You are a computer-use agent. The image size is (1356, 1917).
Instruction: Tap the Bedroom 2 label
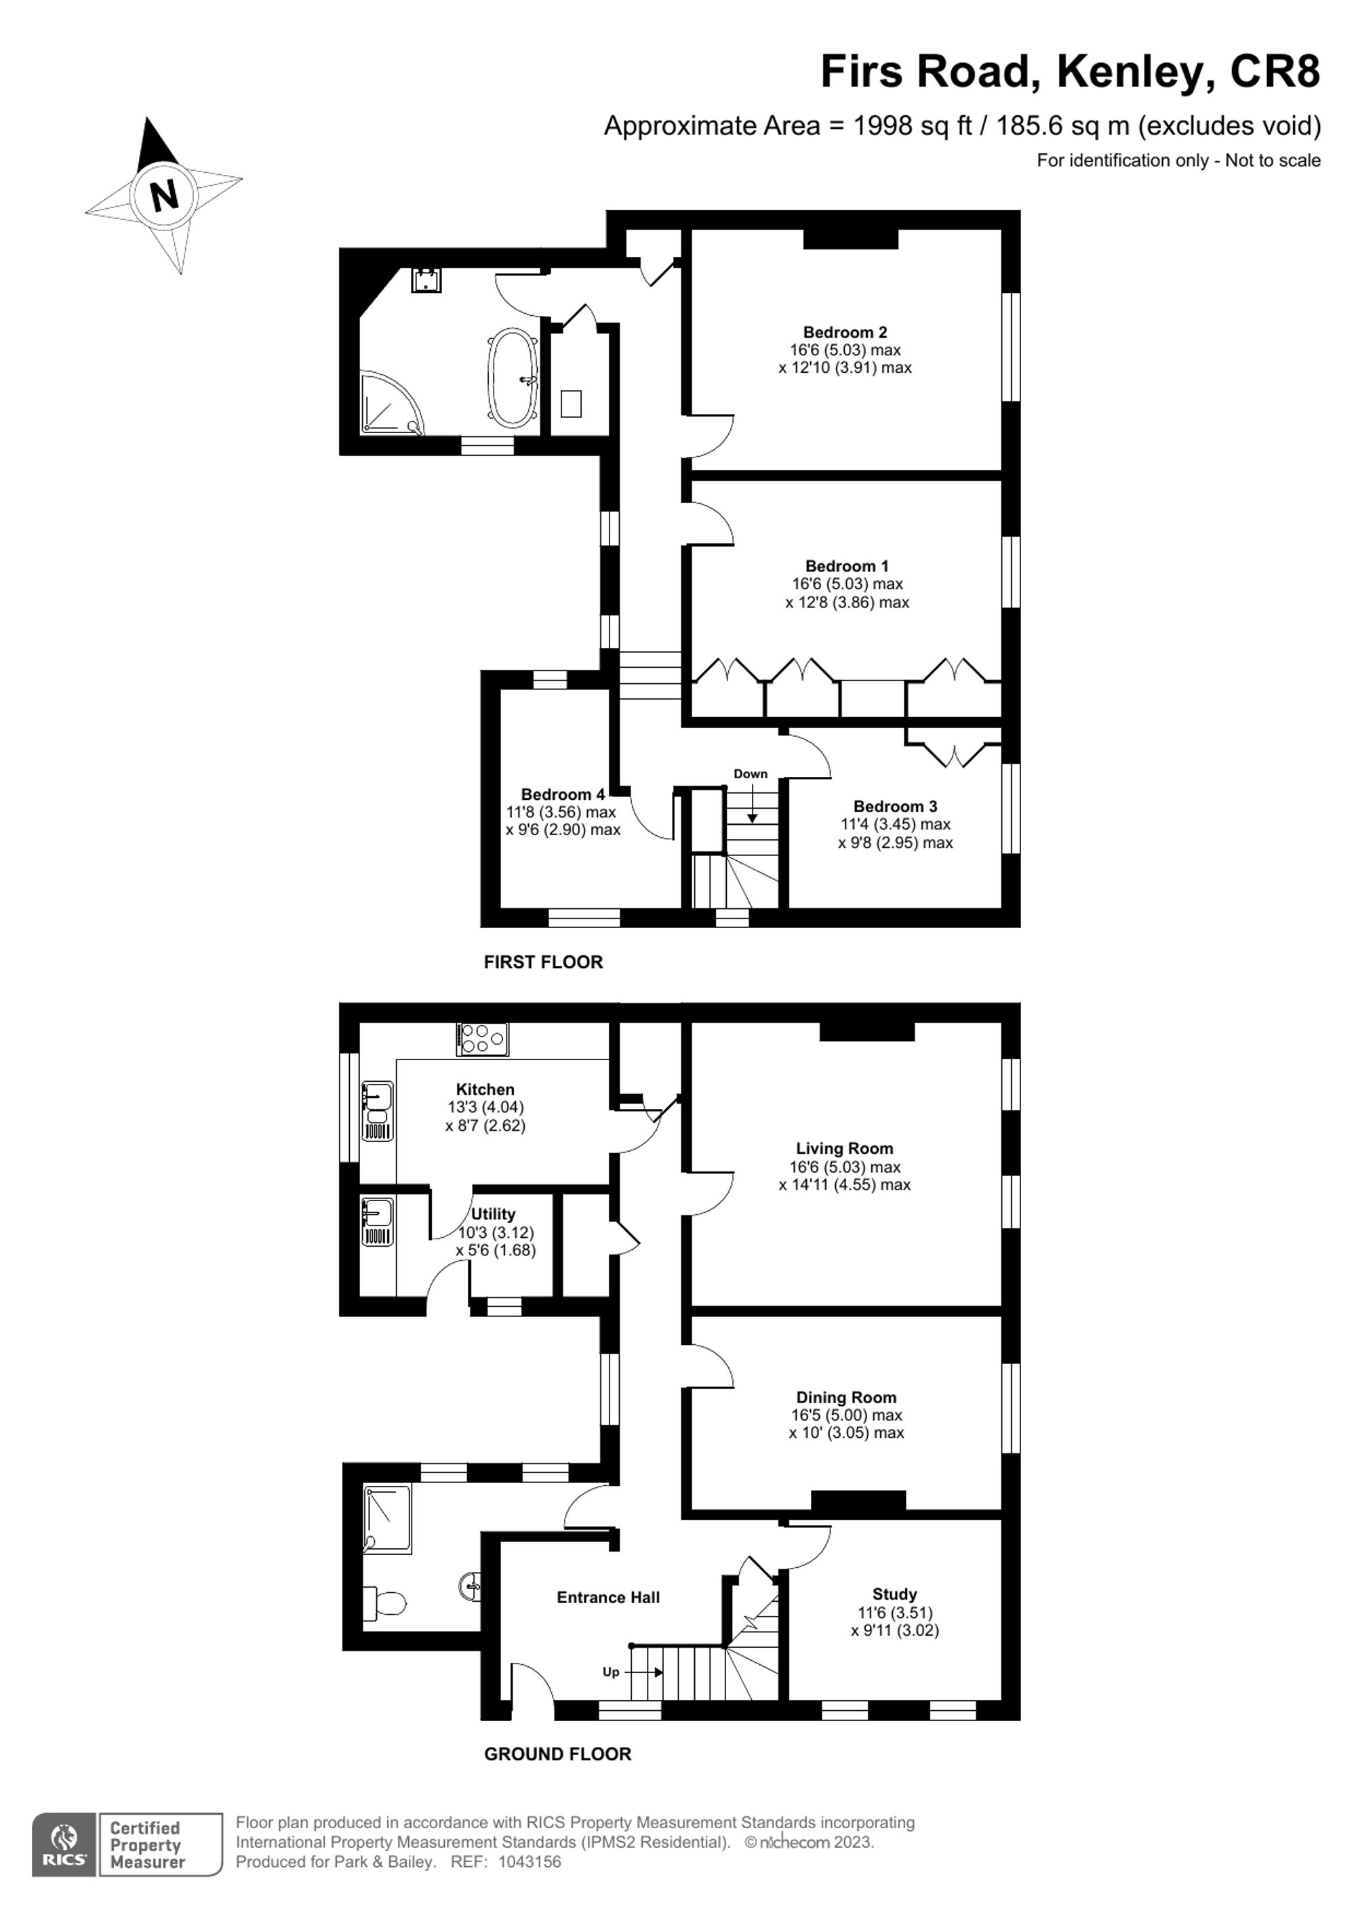coord(845,332)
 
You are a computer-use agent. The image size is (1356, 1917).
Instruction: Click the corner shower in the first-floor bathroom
coord(389,405)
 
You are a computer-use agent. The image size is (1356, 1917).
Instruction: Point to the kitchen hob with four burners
coord(483,1039)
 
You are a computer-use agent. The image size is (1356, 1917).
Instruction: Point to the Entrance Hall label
coord(608,1597)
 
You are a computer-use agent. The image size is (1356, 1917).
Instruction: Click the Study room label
coord(894,1594)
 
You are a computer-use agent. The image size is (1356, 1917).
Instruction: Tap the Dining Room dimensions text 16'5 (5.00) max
coord(847,1415)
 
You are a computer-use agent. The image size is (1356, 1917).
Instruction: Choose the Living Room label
coord(844,1149)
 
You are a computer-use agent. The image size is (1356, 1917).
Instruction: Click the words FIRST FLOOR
coord(542,962)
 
